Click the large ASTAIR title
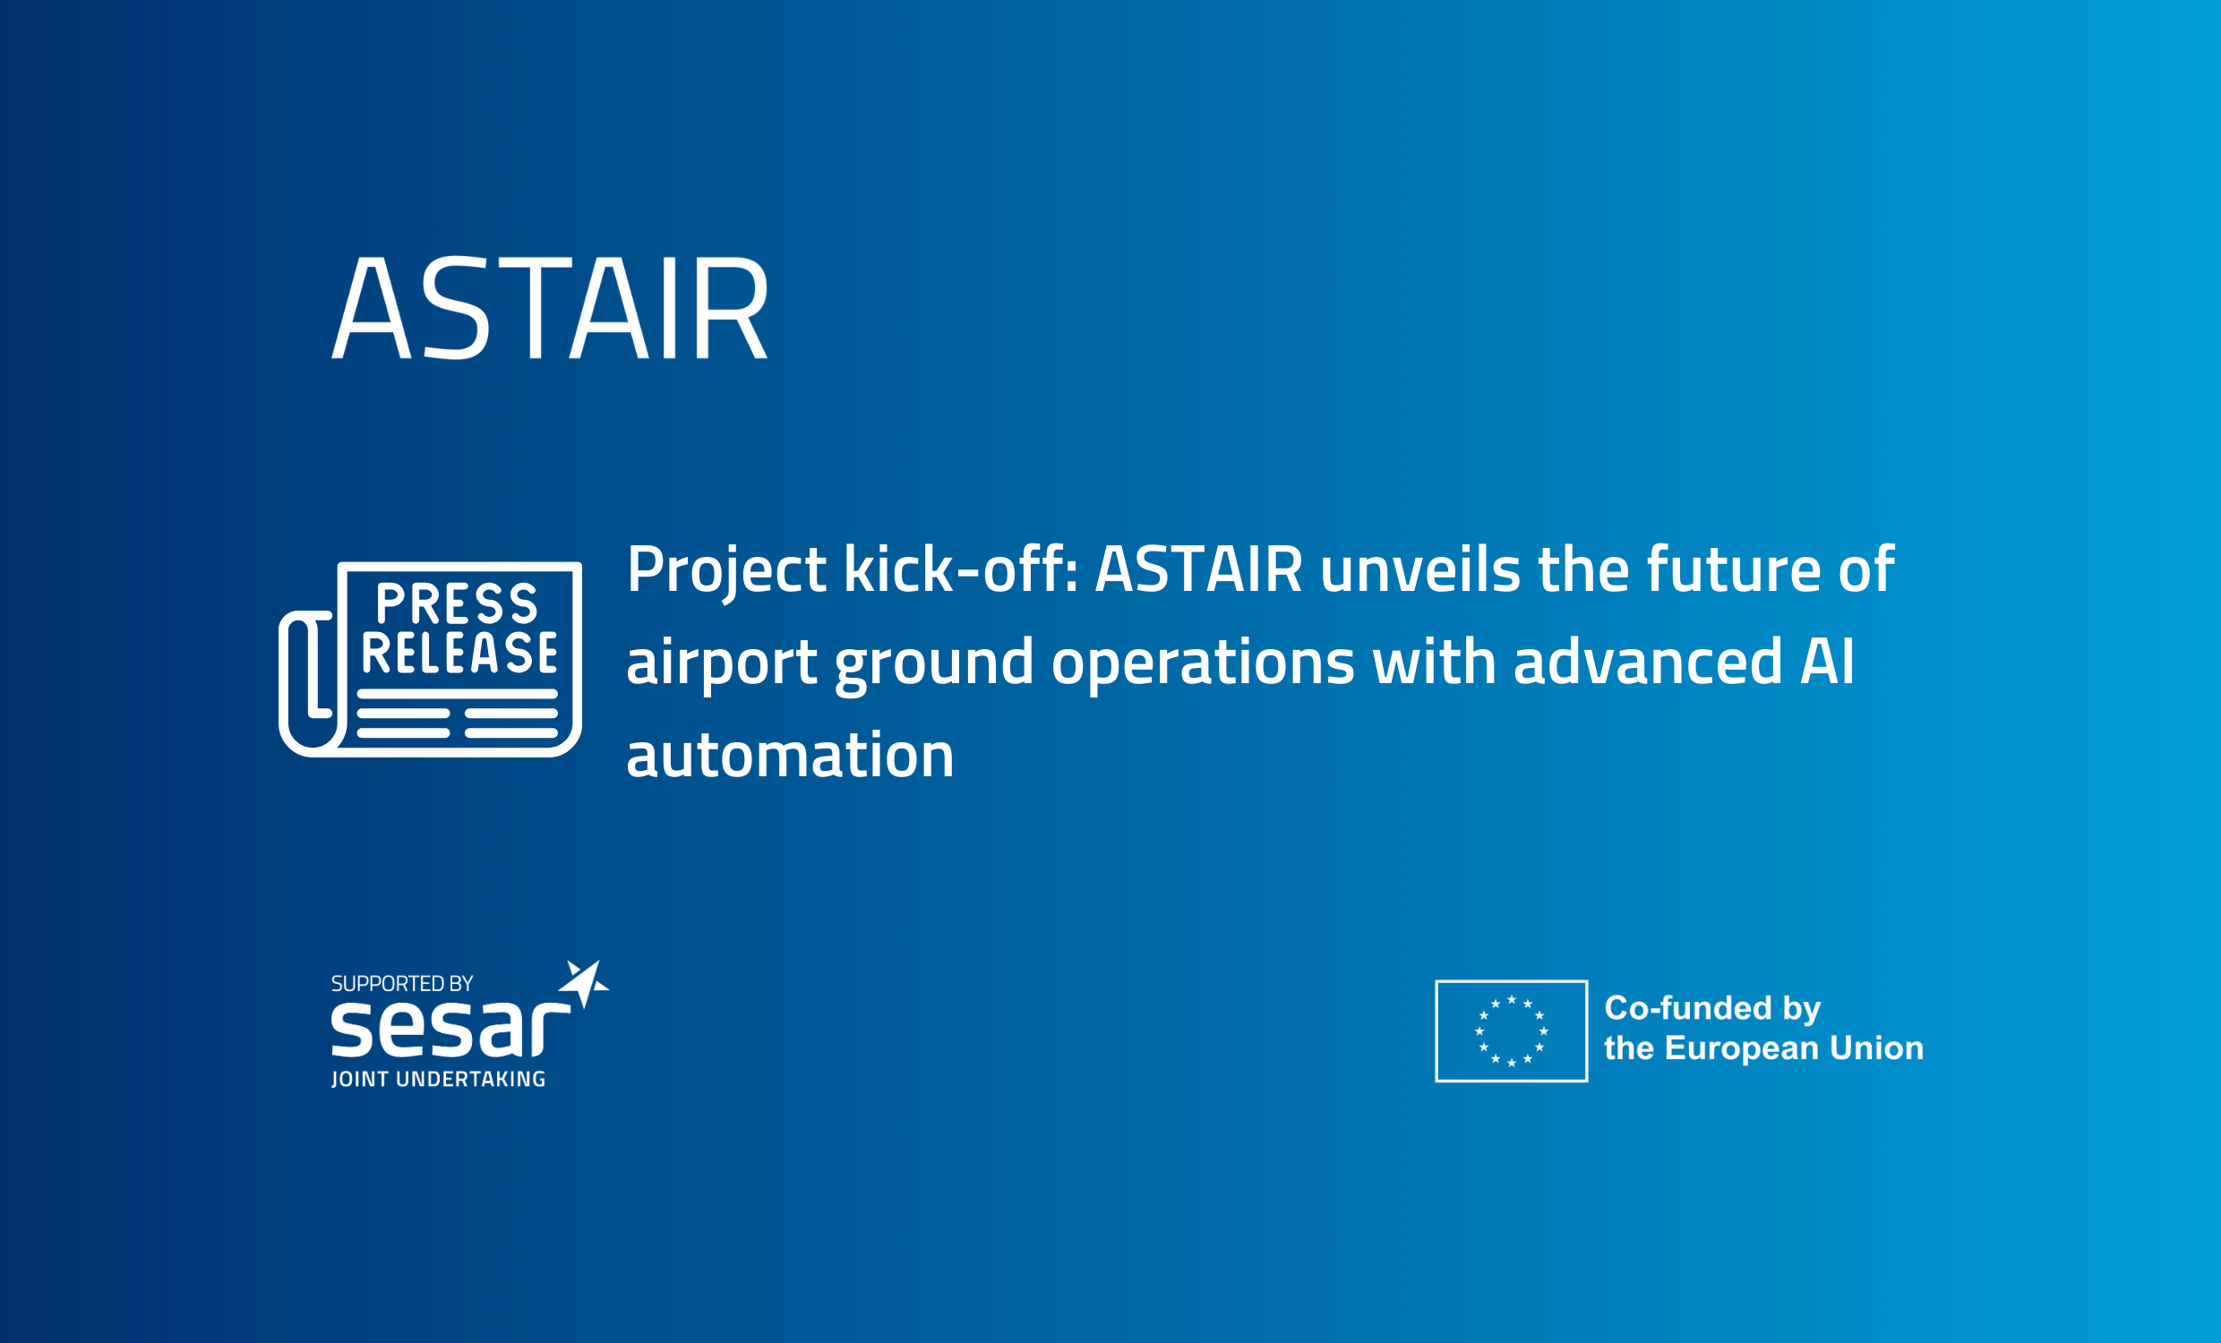(550, 307)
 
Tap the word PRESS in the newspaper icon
(457, 603)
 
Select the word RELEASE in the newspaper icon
(459, 653)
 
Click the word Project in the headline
(726, 571)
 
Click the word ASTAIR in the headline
(1199, 569)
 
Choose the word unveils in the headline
(1420, 569)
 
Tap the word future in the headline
(1733, 569)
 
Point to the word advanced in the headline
(1648, 662)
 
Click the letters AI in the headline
(1827, 662)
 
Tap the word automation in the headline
(790, 756)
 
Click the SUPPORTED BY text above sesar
(402, 983)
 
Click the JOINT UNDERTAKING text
(438, 1079)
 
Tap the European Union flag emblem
(1512, 1031)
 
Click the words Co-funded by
(1712, 1009)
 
